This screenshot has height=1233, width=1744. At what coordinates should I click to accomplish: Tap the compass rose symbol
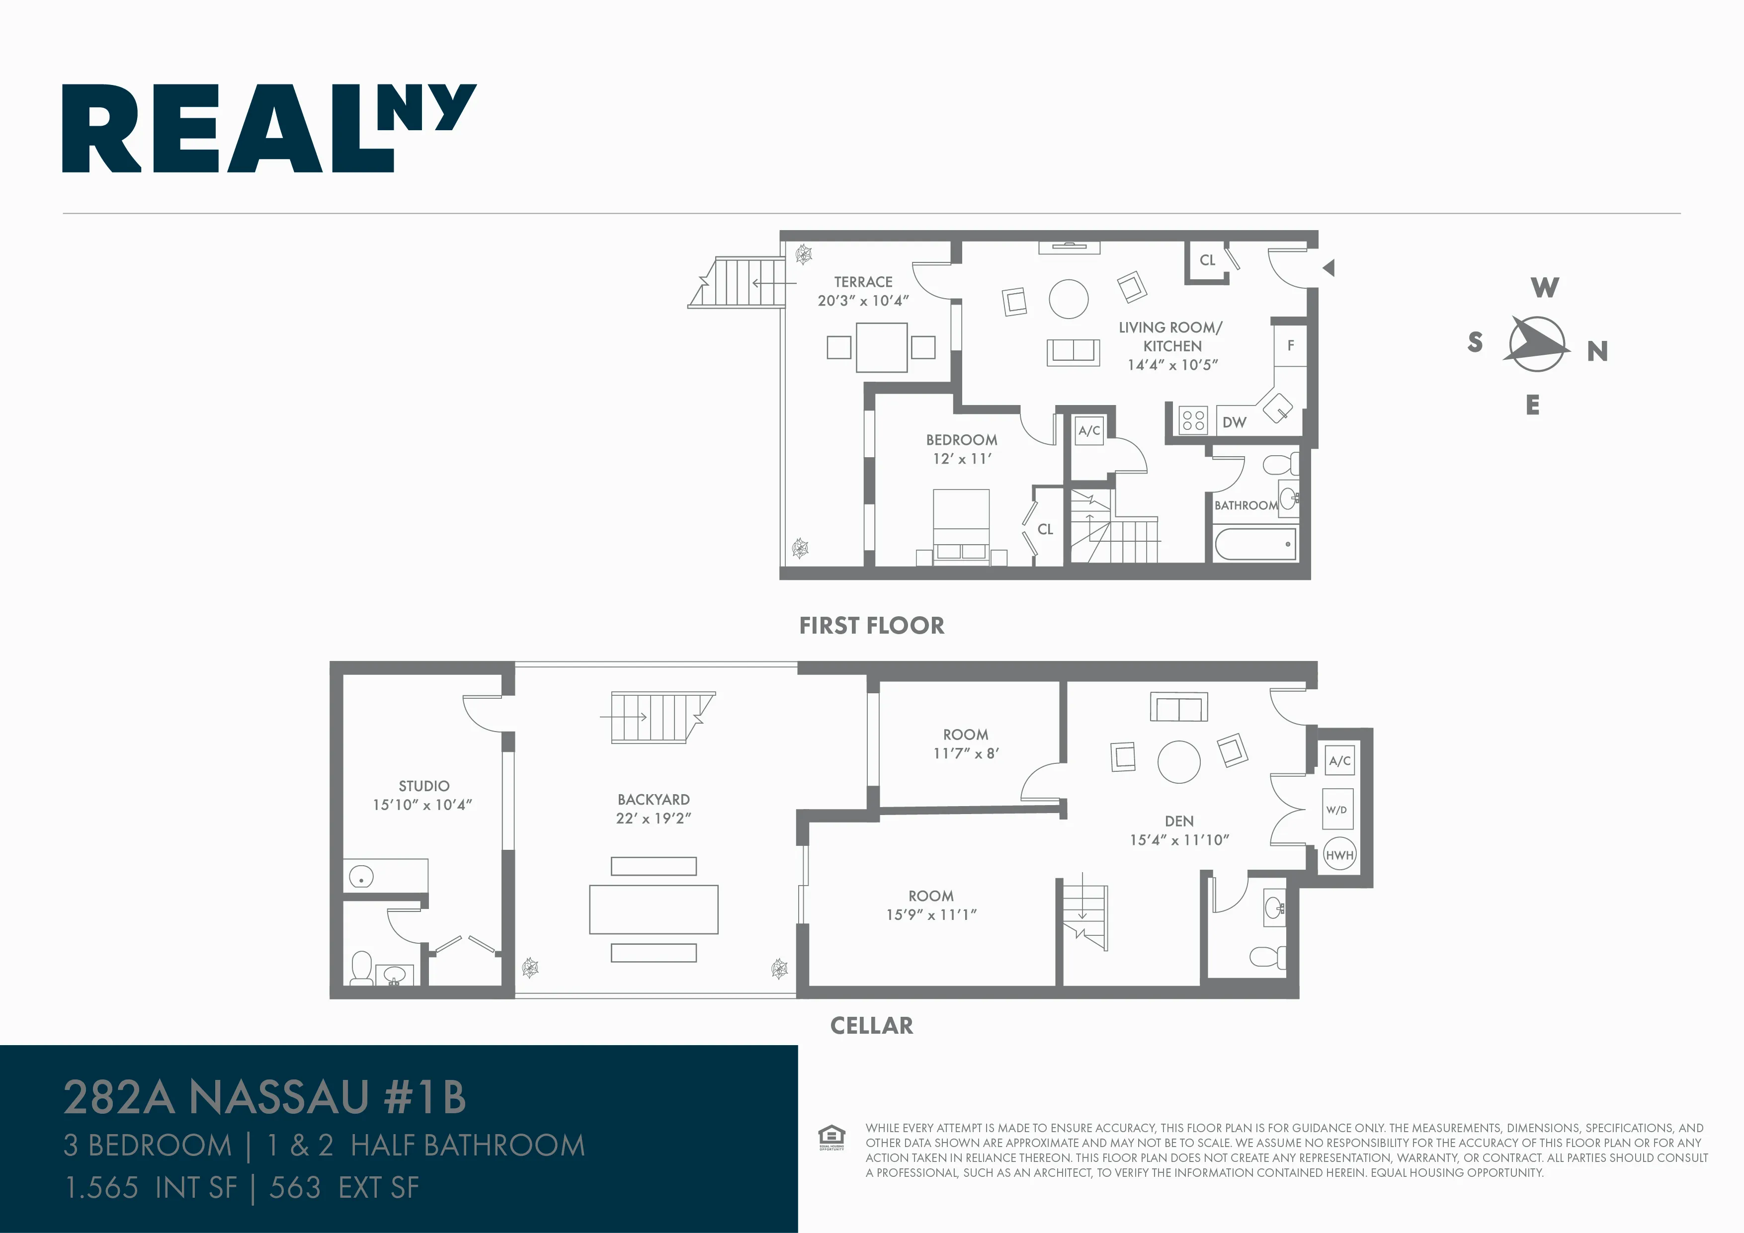coord(1537,344)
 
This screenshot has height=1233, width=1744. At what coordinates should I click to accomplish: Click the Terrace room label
coord(863,282)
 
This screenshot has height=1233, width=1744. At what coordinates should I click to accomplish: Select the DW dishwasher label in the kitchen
coord(1235,422)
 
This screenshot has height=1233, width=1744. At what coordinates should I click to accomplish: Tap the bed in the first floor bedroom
coord(961,524)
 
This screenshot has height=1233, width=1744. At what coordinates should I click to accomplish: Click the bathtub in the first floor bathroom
coord(1255,544)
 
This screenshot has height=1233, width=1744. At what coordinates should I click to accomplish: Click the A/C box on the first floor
coord(1089,431)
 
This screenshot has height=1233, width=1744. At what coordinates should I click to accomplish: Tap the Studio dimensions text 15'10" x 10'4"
coord(422,805)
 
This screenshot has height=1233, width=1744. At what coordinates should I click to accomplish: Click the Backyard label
coord(653,799)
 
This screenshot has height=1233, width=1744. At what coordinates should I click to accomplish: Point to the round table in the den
coord(1179,761)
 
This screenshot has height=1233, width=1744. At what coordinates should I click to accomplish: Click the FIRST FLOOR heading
coord(871,625)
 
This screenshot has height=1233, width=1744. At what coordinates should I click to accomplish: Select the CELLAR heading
coord(871,1026)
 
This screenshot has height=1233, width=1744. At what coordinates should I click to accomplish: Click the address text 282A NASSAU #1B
coord(264,1097)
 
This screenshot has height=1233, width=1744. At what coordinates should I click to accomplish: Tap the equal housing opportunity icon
coord(831,1137)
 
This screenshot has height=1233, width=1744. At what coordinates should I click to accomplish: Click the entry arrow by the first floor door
coord(1329,267)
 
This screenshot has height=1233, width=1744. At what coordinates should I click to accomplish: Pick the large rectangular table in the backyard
coord(653,909)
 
